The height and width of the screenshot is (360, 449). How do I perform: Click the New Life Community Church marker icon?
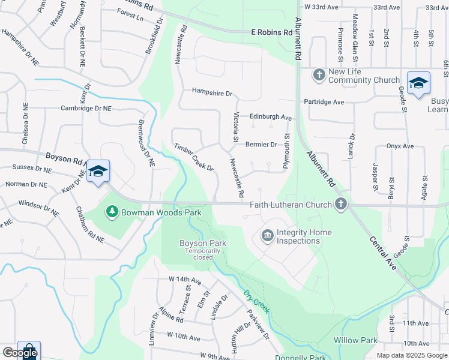pos(319,75)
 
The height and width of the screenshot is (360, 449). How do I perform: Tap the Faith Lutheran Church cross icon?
pos(340,205)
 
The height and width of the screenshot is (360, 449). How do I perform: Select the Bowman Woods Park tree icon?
pos(111,212)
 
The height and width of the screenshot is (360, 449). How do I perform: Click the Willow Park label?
pos(355,340)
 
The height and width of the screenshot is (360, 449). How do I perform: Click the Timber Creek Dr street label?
pos(194,157)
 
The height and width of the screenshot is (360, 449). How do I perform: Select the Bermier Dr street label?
pos(261,145)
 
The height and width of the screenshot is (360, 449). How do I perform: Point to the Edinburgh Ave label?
pos(271,118)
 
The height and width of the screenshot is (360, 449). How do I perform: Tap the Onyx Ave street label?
pos(400,146)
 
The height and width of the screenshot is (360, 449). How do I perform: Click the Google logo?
pos(20,353)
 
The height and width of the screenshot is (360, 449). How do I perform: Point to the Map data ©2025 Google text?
pos(411,355)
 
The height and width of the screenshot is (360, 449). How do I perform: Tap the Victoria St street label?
pos(236,123)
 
